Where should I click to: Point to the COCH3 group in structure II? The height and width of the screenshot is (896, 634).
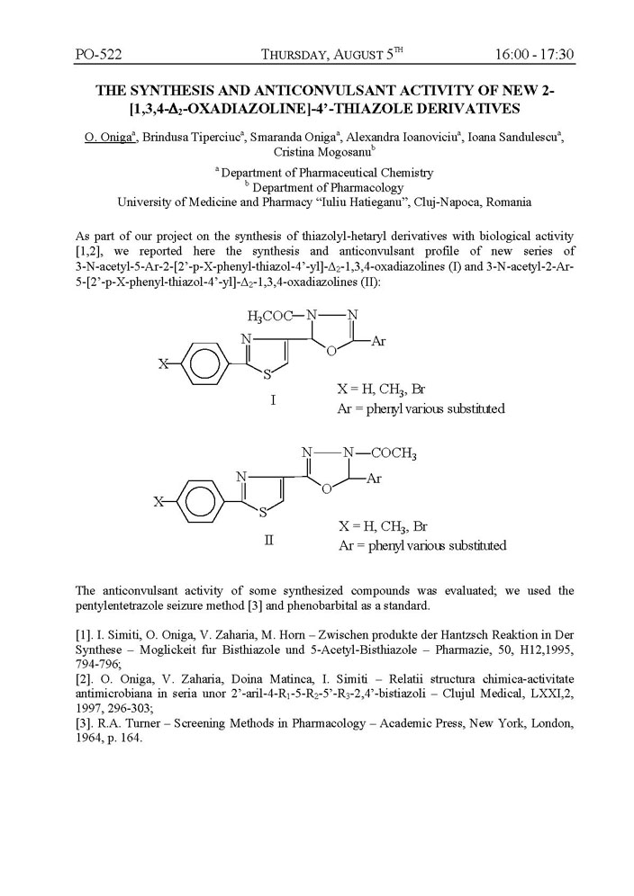coord(388,454)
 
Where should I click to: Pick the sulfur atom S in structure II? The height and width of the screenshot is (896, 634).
coord(262,515)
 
